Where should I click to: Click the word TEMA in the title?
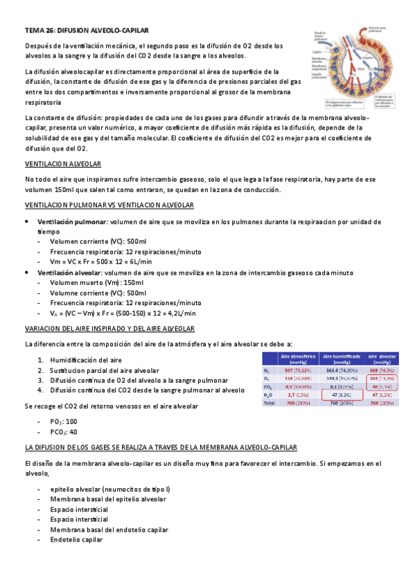coord(34,31)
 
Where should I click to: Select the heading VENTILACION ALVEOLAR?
coord(63,164)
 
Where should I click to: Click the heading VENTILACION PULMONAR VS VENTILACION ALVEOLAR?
coord(109,206)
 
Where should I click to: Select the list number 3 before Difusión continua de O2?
coord(41,381)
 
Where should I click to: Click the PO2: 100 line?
coord(64,422)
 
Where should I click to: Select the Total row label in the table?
coord(270,403)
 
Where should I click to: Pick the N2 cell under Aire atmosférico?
coord(297,370)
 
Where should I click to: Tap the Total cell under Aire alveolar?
coord(382,403)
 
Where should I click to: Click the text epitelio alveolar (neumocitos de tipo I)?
coord(110,490)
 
